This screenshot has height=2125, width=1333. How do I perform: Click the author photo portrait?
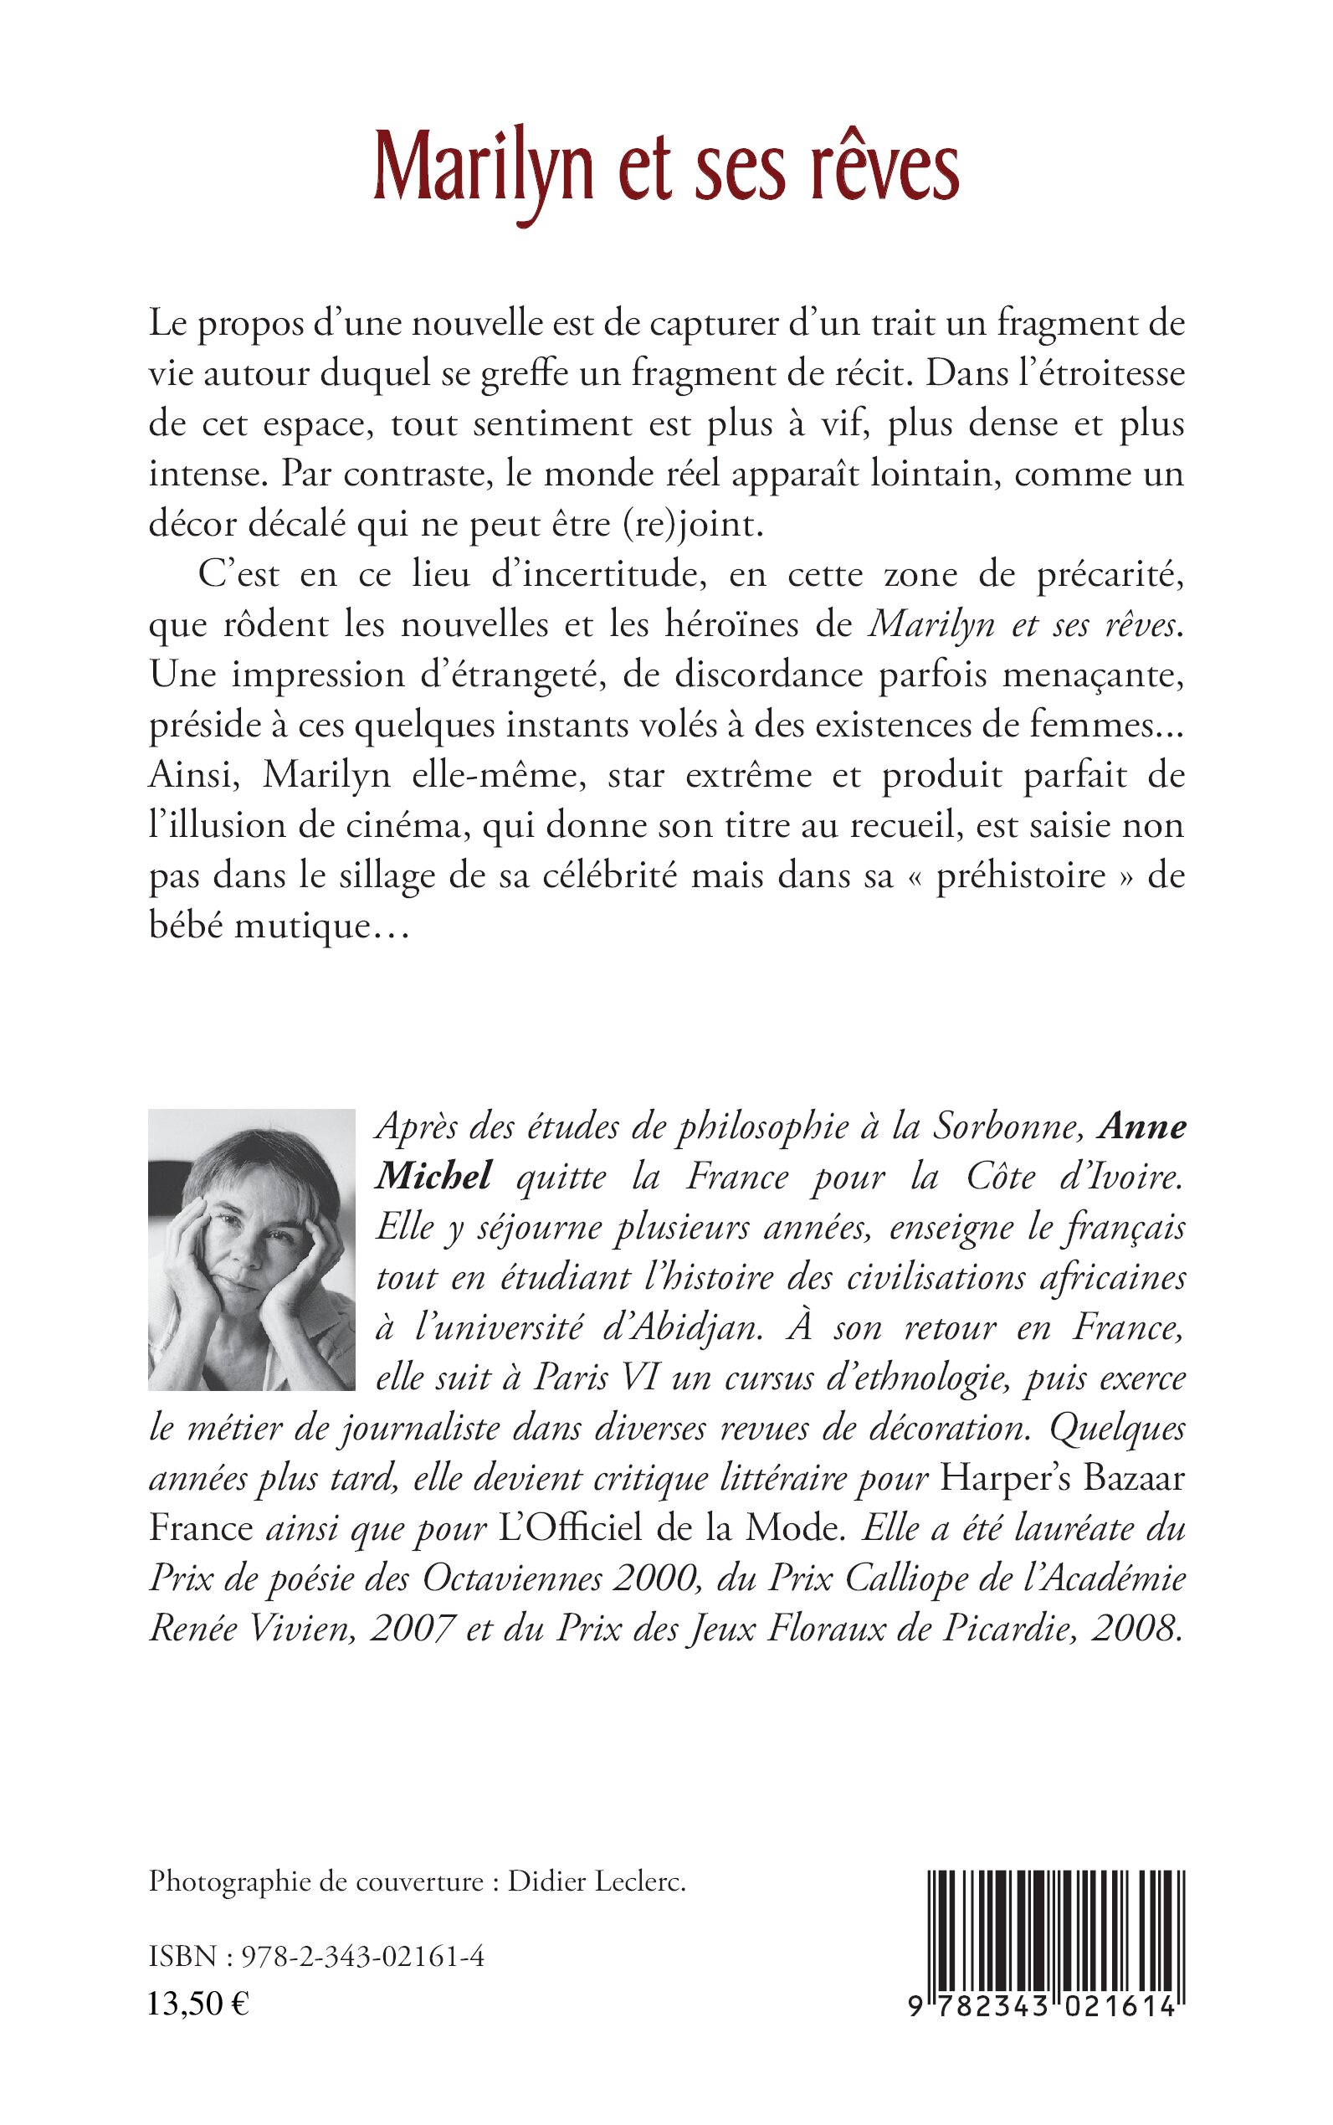tap(251, 1249)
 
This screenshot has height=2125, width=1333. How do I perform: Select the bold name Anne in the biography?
tap(1145, 1127)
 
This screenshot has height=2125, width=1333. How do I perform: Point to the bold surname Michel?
tap(433, 1176)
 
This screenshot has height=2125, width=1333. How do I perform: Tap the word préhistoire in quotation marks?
tap(1020, 877)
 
